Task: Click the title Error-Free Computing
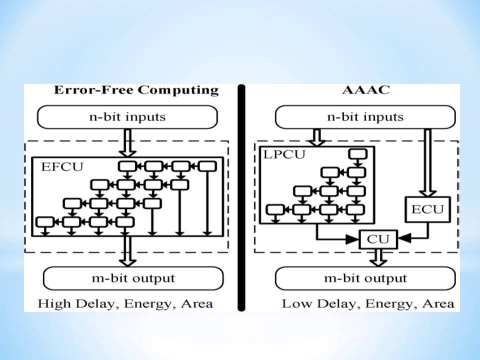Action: [136, 90]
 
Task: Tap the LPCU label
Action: [283, 154]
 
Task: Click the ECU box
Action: [427, 209]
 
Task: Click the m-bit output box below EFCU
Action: [133, 278]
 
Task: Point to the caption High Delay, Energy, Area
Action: [125, 303]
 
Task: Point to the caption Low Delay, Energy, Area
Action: [368, 303]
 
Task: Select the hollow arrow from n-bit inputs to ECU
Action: [427, 162]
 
